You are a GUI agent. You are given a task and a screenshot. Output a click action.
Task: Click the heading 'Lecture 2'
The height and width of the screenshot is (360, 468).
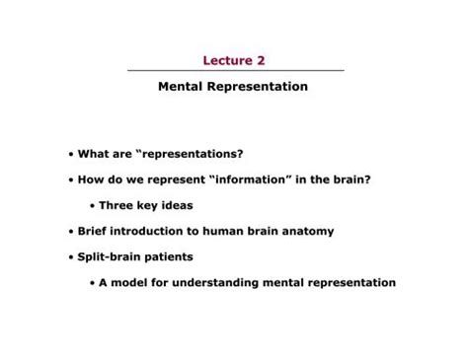coord(234,60)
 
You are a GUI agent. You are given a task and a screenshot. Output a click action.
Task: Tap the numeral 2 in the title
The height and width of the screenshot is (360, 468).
coord(261,60)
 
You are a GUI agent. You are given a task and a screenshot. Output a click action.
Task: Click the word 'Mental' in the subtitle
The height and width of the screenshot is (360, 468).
coord(180,87)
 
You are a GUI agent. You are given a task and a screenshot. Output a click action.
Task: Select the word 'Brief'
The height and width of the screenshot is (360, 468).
coord(95,232)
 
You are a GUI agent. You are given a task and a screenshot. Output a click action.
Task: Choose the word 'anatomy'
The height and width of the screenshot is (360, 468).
coord(306,232)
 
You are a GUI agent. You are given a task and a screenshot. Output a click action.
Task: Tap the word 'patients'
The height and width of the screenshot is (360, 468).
coord(169,257)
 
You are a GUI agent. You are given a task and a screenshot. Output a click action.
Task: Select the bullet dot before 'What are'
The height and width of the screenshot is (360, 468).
coord(71,155)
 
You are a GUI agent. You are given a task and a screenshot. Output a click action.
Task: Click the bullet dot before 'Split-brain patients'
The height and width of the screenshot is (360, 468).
coord(71,257)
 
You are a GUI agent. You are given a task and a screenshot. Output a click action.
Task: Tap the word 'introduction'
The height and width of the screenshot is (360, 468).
coord(154,232)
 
